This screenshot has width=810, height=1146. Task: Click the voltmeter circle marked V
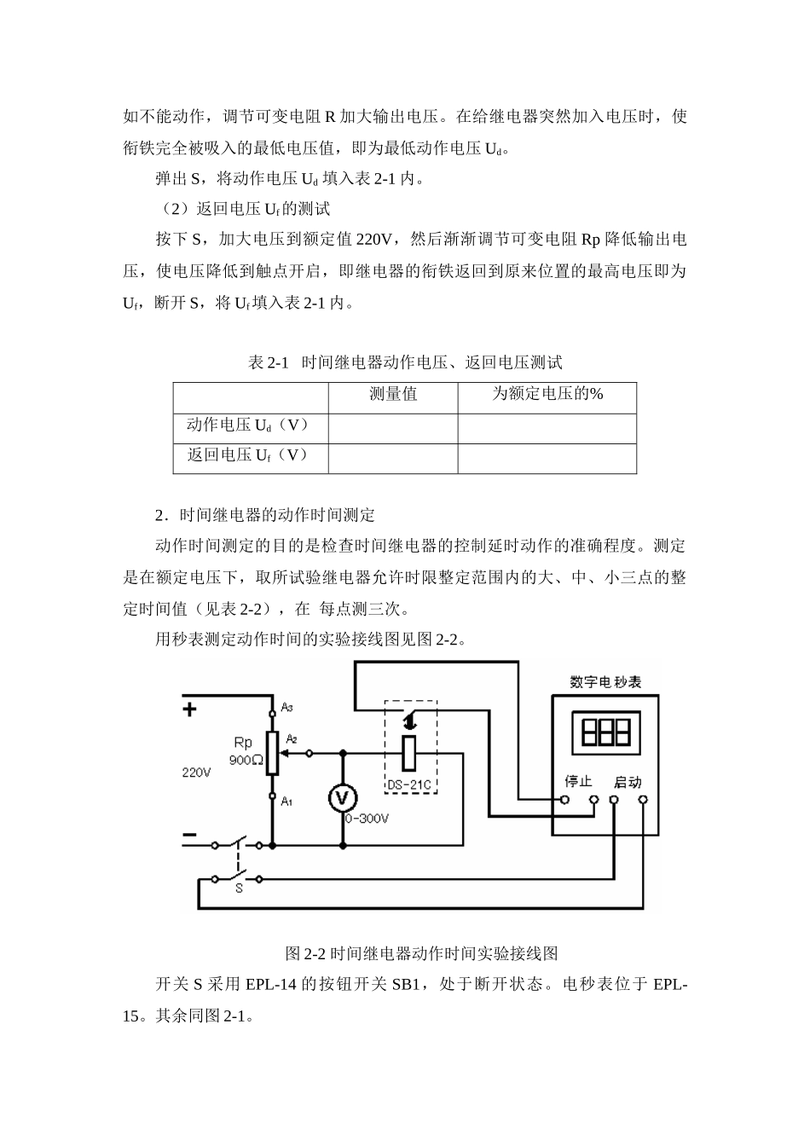pyautogui.click(x=343, y=798)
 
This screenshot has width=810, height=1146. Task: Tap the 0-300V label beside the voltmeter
pyautogui.click(x=367, y=819)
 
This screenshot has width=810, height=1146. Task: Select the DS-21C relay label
pyautogui.click(x=410, y=784)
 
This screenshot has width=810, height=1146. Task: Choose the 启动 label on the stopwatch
pyautogui.click(x=628, y=781)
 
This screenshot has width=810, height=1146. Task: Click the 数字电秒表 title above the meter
pyautogui.click(x=605, y=682)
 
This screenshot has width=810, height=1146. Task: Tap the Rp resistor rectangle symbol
pyautogui.click(x=272, y=753)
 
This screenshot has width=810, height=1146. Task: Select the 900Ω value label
pyautogui.click(x=246, y=760)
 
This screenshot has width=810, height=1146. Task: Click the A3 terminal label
pyautogui.click(x=287, y=708)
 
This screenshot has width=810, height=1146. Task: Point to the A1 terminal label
pyautogui.click(x=287, y=801)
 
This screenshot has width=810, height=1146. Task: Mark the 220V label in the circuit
pyautogui.click(x=196, y=772)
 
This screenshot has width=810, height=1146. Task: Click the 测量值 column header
pyautogui.click(x=393, y=394)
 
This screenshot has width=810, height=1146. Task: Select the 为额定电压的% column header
pyautogui.click(x=547, y=394)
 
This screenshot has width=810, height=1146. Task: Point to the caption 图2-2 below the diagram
pyautogui.click(x=422, y=952)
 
